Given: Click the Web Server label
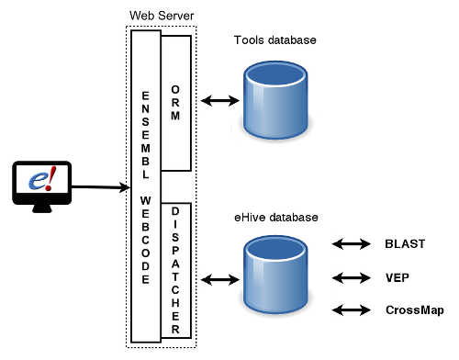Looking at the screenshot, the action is point(162,16).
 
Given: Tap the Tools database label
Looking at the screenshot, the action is point(274,40).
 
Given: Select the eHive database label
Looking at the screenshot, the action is point(276,218).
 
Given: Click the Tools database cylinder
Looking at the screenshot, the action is point(275,100).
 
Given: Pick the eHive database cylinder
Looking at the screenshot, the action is point(275,275).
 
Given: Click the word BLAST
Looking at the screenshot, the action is point(405,244).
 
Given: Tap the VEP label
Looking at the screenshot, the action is point(397,277).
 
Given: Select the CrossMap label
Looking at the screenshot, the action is point(415,310).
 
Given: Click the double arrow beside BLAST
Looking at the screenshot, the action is point(352,244).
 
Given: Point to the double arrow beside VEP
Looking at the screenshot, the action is point(352,278).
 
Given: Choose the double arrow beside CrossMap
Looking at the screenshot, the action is point(352,310).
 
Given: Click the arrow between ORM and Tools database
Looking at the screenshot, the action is point(220,100).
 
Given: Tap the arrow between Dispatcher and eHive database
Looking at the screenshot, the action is point(220,279).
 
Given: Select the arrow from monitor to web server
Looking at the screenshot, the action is point(101,186).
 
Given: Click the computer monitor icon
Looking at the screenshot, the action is point(42,186).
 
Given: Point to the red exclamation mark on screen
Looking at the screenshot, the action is point(50,178).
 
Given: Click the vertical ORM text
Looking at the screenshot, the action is point(175,103).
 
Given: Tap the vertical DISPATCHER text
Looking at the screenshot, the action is point(175,270).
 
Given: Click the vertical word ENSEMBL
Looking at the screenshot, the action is point(146,135).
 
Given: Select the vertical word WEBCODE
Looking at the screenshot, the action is point(146,240).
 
